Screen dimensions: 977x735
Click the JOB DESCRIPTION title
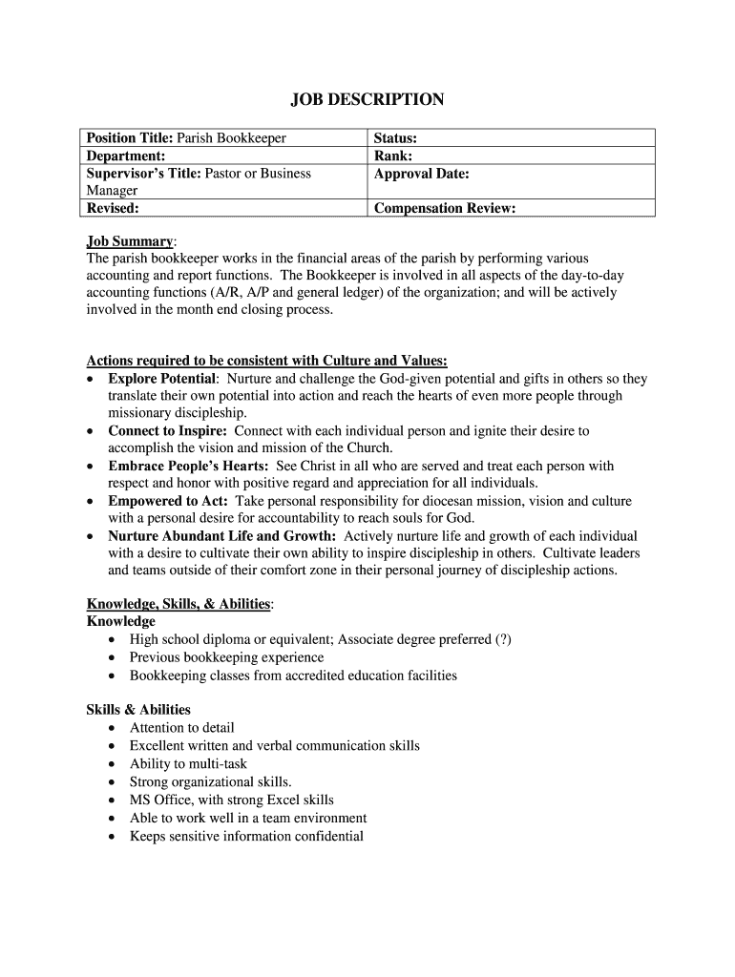coord(367,99)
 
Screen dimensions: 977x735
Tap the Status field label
coord(395,138)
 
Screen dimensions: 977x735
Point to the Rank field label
coord(392,156)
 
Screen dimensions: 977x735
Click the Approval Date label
coord(422,174)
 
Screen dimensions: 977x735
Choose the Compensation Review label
coord(445,208)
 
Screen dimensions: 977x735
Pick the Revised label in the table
coord(113,208)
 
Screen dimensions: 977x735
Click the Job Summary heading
coord(130,241)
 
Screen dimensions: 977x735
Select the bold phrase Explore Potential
coord(162,379)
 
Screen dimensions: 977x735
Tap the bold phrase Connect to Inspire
coord(167,431)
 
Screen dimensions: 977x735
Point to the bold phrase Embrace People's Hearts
coord(188,467)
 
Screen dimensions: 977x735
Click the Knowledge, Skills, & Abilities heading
coord(178,604)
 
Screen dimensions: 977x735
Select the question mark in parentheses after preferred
coord(503,640)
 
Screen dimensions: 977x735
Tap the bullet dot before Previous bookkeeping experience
coord(114,658)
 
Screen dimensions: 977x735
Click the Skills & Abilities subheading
coord(138,710)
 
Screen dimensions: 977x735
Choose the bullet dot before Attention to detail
coord(114,728)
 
